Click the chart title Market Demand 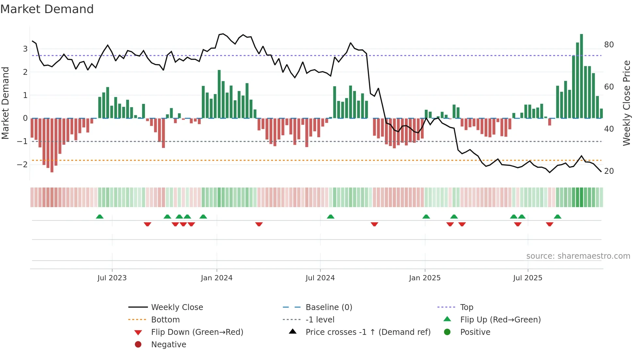(x=47, y=9)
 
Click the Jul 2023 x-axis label (x=112, y=278)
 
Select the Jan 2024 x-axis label (x=216, y=278)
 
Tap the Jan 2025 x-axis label (x=424, y=278)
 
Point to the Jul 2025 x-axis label (x=527, y=278)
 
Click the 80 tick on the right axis (x=609, y=45)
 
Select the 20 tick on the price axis (x=609, y=171)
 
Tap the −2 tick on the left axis (x=22, y=164)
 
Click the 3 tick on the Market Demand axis (x=25, y=49)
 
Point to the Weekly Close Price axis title (x=626, y=103)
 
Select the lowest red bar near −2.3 (x=52, y=145)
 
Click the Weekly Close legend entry (x=177, y=307)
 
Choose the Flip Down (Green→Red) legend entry (x=197, y=332)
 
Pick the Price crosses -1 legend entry (x=368, y=332)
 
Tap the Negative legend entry (x=168, y=345)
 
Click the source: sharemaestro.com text (x=578, y=256)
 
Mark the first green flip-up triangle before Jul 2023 (x=100, y=217)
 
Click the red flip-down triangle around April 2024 (x=259, y=224)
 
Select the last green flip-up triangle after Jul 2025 (x=557, y=217)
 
